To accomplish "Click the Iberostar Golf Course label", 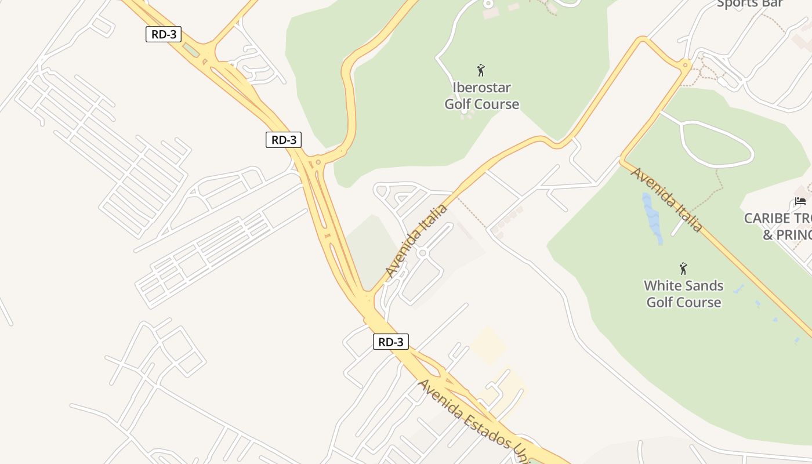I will pyautogui.click(x=481, y=96).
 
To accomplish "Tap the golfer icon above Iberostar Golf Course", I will pyautogui.click(x=481, y=71).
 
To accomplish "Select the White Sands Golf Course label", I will pyautogui.click(x=684, y=294).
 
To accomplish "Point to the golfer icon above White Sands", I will pyautogui.click(x=683, y=269).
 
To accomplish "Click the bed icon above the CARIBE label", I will pyautogui.click(x=800, y=201).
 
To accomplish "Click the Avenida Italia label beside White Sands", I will pyautogui.click(x=667, y=200).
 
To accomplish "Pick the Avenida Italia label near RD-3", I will pyautogui.click(x=416, y=241).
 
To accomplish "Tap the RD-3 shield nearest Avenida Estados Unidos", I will pyautogui.click(x=390, y=342).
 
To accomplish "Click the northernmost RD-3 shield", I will pyautogui.click(x=164, y=34).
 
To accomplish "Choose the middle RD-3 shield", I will pyautogui.click(x=284, y=140).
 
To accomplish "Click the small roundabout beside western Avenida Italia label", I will pyautogui.click(x=422, y=253).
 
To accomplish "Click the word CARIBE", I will pyautogui.click(x=767, y=219).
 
